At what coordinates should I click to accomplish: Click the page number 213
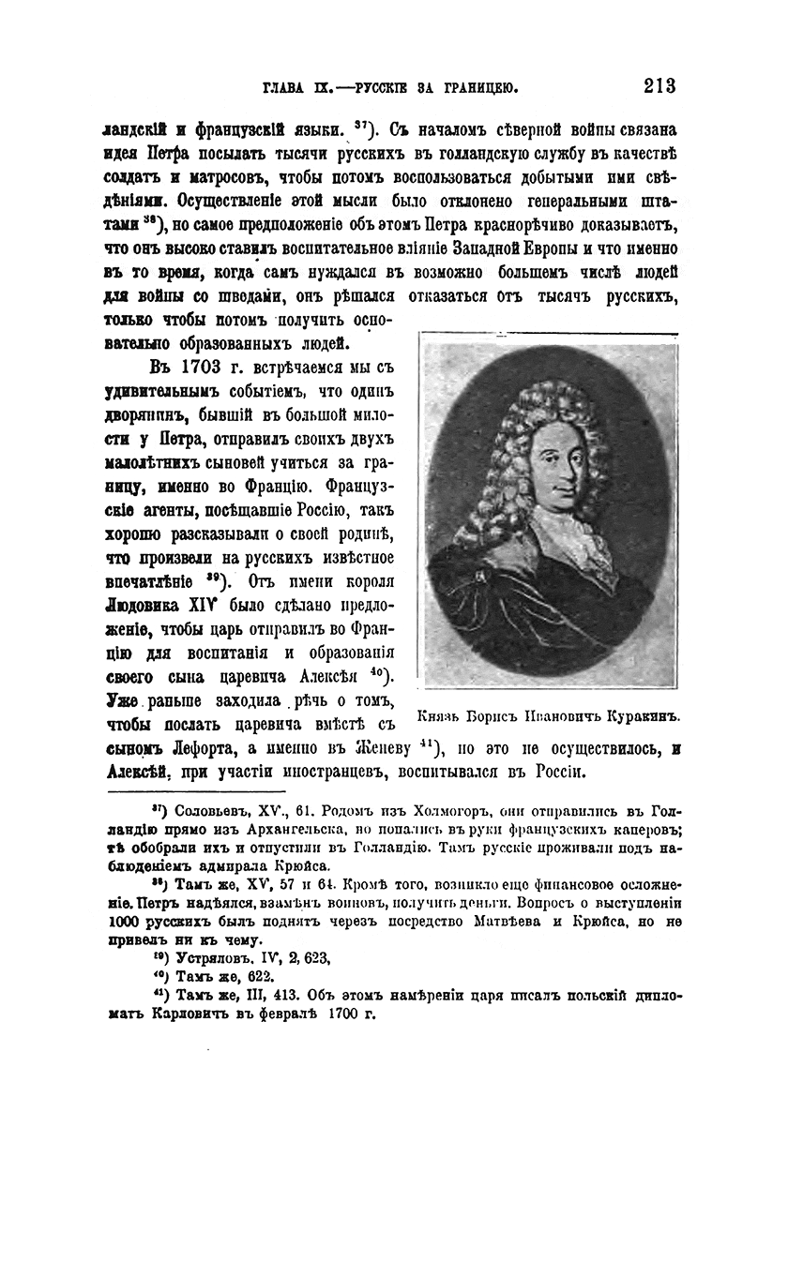pos(659,86)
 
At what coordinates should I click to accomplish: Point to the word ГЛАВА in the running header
pos(285,88)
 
